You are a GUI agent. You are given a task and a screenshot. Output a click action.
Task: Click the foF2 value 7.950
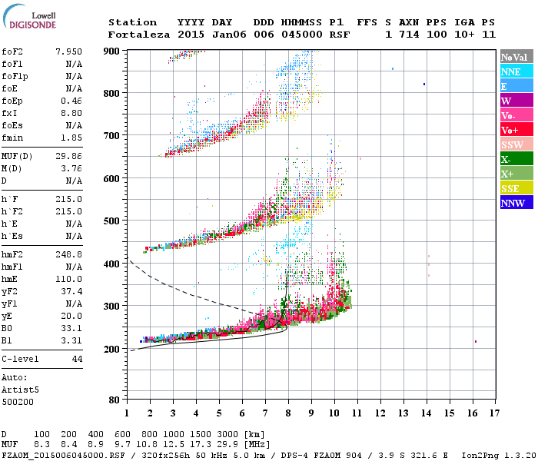(68, 51)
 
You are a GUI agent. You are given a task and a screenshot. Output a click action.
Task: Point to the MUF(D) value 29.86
(68, 156)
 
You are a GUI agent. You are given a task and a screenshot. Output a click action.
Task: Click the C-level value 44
(77, 359)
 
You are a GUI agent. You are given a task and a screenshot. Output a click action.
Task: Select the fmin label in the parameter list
(12, 138)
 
